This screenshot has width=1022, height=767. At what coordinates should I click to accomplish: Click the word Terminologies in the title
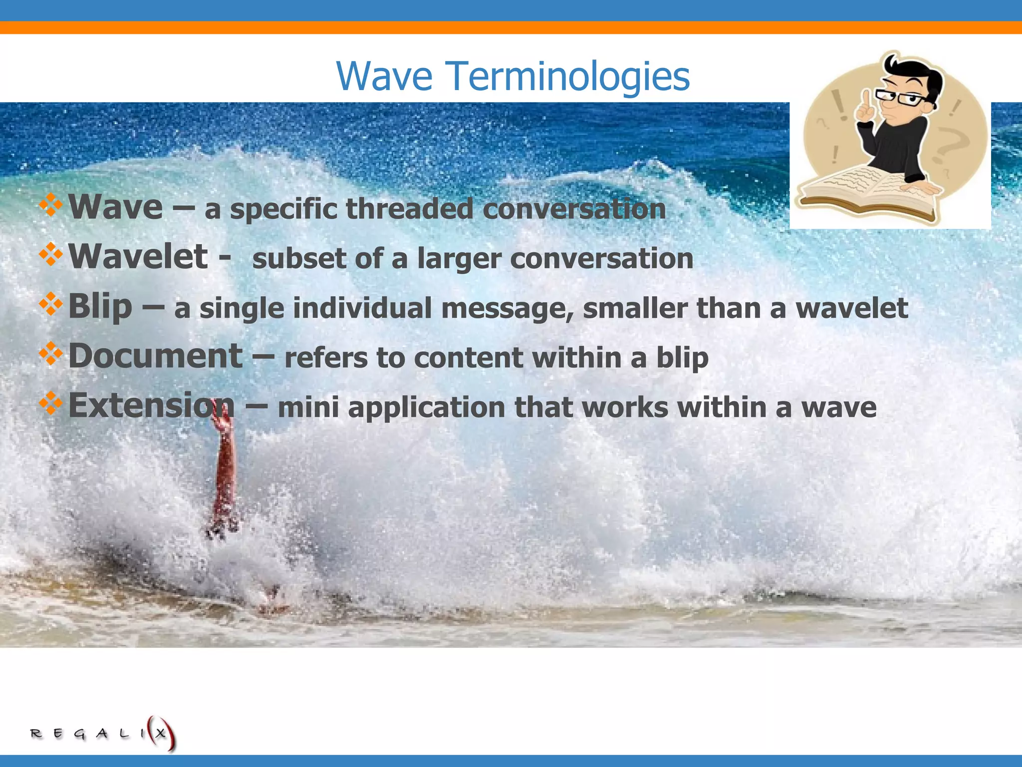(x=569, y=76)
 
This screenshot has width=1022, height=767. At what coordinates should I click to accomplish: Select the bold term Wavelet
(x=138, y=257)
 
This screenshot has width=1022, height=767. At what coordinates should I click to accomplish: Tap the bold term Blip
(x=100, y=306)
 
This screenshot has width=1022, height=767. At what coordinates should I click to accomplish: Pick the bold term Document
(x=155, y=356)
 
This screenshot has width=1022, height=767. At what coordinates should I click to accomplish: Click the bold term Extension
(x=151, y=405)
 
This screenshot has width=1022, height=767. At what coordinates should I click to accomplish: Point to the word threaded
(x=409, y=209)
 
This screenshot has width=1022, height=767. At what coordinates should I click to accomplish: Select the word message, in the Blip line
(x=507, y=309)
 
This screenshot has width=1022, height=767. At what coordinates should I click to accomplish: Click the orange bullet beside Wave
(x=50, y=205)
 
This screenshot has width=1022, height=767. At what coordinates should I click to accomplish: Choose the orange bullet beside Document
(x=50, y=354)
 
